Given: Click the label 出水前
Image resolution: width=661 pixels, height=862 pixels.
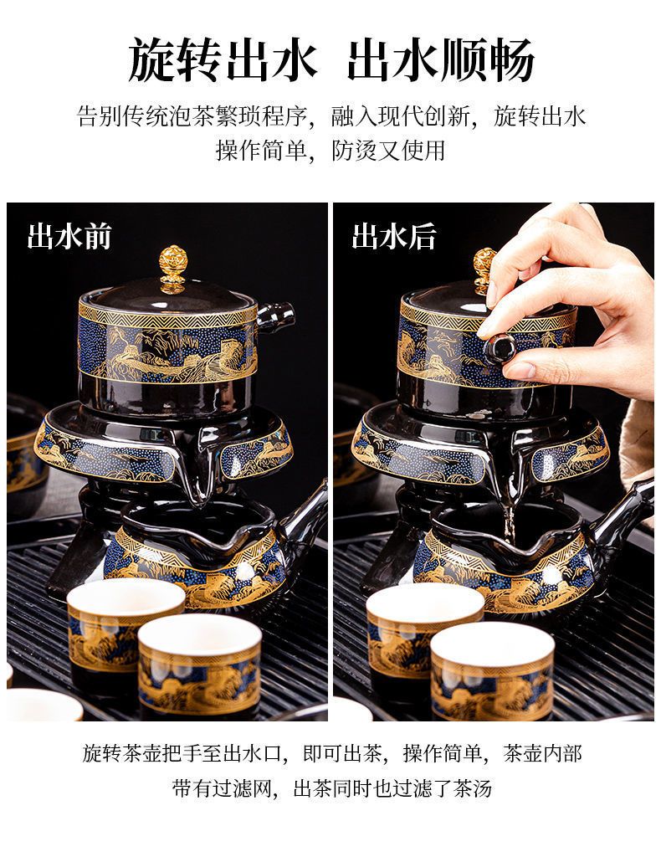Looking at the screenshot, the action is [69, 236].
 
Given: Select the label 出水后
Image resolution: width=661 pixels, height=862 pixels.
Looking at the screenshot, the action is [394, 236].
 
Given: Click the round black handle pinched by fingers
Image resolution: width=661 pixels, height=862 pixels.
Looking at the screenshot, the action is [500, 347].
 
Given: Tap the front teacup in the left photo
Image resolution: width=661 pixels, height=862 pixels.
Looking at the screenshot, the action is [199, 665].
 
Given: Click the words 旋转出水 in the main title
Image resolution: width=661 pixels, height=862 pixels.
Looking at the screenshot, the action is [223, 59].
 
